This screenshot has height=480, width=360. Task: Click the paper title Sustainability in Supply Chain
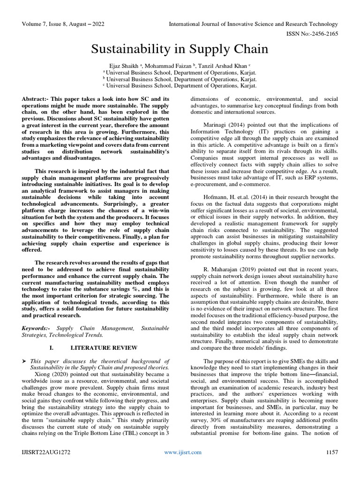click(x=180, y=49)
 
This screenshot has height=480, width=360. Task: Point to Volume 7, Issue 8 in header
click(x=50, y=24)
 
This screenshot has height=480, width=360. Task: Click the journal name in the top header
click(x=253, y=24)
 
